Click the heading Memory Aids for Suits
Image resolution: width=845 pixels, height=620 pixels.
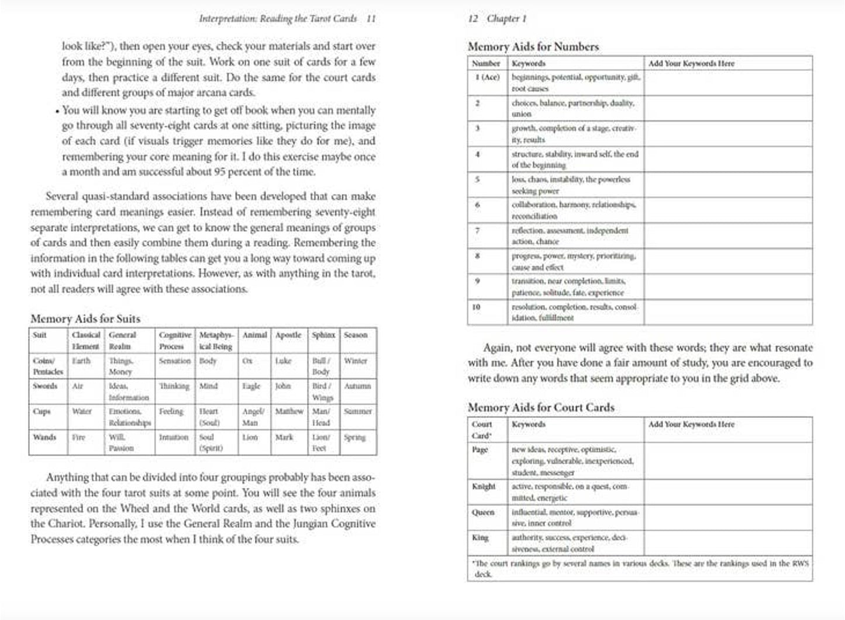coord(85,318)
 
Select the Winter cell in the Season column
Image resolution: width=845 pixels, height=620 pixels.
coord(355,361)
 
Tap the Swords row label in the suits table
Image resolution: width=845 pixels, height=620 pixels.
coord(45,386)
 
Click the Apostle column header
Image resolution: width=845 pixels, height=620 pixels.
coord(288,335)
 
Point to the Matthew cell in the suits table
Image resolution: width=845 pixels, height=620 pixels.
coord(289,411)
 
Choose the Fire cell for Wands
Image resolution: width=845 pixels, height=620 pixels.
coord(78,437)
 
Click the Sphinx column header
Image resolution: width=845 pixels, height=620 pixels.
coord(323,335)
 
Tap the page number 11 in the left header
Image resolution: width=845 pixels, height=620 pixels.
coord(371,19)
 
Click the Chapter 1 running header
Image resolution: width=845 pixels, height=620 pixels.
coord(506,19)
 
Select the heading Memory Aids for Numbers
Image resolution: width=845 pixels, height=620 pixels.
coord(533,47)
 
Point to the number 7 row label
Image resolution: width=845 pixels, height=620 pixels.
coord(478,231)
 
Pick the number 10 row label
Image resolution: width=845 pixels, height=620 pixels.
coord(477,307)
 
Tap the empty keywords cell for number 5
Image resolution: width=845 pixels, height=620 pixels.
coord(727,185)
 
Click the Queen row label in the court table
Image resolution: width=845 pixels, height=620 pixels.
coord(483,512)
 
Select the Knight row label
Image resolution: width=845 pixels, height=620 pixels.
coord(484,487)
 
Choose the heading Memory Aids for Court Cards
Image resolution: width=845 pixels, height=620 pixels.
coord(541,407)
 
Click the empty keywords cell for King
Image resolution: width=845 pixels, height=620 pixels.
coord(727,543)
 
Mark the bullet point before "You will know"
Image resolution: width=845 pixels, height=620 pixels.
coord(57,111)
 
